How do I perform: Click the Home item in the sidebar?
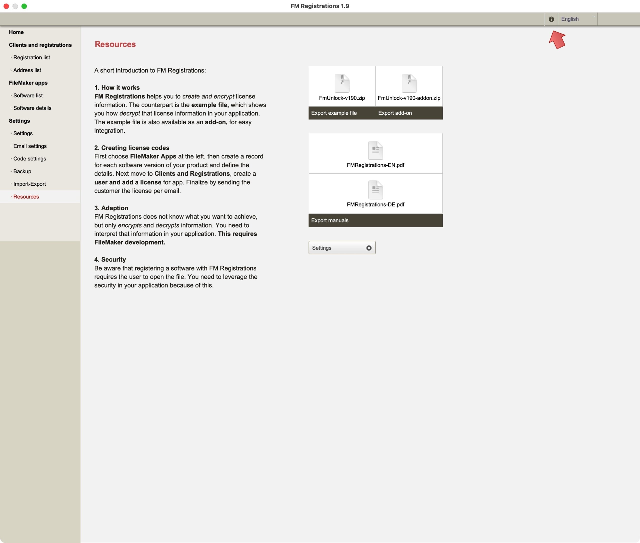[x=16, y=32]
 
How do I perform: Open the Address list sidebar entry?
[x=27, y=70]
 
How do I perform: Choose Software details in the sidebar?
[x=32, y=108]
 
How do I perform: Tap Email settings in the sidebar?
[x=30, y=146]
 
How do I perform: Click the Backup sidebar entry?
[x=22, y=171]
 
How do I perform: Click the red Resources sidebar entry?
[x=26, y=197]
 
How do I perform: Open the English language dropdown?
[x=577, y=19]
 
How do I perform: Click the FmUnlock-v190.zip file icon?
[x=342, y=83]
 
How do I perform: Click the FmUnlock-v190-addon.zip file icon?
[x=409, y=83]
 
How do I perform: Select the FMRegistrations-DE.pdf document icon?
[x=375, y=190]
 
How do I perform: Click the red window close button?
[x=6, y=6]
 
